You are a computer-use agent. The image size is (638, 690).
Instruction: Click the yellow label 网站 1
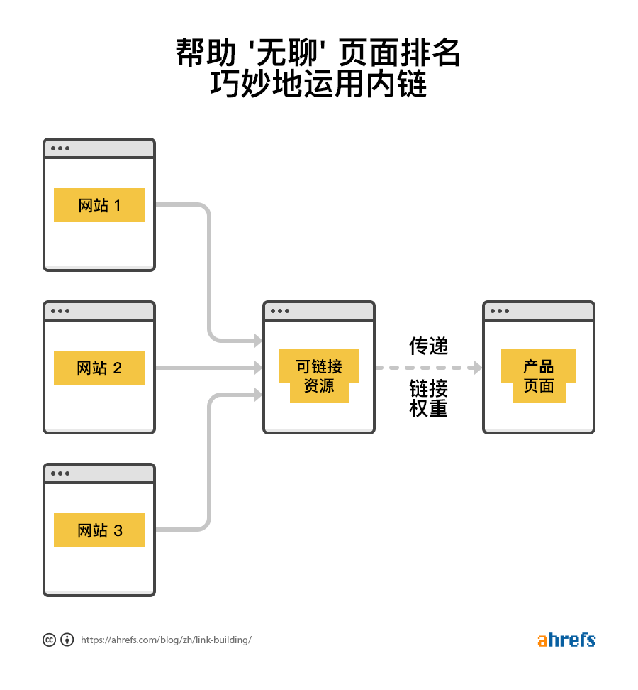click(99, 205)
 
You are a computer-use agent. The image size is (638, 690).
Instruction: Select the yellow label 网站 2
click(99, 368)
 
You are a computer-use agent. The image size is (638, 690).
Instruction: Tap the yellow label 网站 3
click(99, 530)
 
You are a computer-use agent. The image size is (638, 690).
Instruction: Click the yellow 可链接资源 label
click(319, 376)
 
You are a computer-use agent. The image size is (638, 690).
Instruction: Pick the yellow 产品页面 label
click(539, 376)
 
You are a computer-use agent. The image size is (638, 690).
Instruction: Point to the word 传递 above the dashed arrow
click(428, 346)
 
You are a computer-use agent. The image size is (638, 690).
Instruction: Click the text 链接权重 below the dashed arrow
click(428, 398)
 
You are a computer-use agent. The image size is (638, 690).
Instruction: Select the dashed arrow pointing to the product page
click(428, 368)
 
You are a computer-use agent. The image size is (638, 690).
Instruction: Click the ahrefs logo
click(566, 640)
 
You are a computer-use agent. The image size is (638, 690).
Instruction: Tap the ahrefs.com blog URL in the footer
click(166, 640)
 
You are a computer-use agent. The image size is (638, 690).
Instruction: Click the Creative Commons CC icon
click(49, 640)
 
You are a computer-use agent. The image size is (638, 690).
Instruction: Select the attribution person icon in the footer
click(67, 640)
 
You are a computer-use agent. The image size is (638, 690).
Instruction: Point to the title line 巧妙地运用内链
click(318, 86)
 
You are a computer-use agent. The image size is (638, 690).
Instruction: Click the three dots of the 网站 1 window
click(60, 148)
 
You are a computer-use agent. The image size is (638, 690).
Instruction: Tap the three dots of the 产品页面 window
click(499, 311)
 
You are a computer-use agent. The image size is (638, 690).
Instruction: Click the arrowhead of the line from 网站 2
click(258, 368)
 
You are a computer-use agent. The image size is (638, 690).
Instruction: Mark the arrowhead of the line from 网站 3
click(258, 395)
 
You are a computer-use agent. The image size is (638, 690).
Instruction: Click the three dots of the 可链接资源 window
click(279, 311)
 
